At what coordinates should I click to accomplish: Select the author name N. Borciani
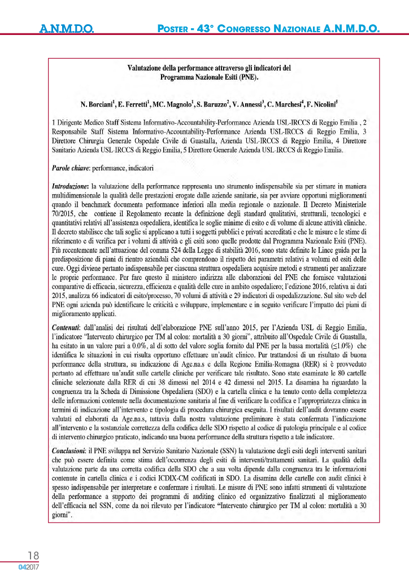tap(98, 104)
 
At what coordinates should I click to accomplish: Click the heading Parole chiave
tap(69, 168)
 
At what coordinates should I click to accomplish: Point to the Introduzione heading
tap(70, 186)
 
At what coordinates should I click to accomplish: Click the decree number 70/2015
tap(64, 215)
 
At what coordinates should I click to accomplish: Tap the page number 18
tap(32, 556)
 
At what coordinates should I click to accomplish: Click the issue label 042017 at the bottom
tap(28, 567)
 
